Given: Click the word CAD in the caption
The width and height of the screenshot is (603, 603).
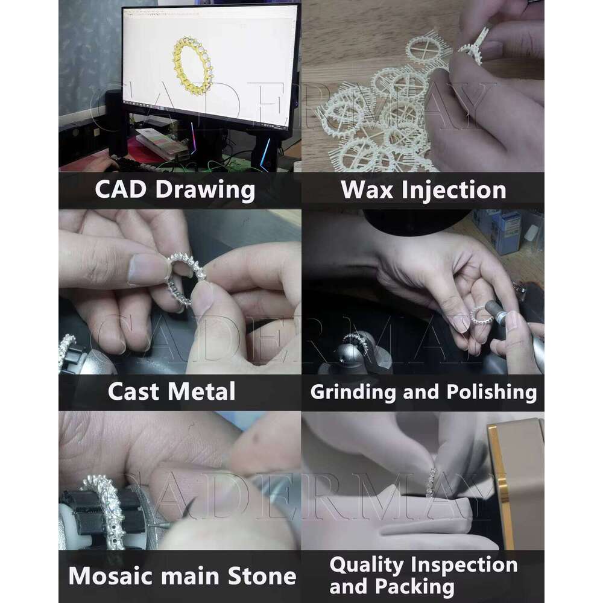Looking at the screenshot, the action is pyautogui.click(x=121, y=189).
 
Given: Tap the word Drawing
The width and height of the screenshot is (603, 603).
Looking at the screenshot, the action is pyautogui.click(x=205, y=190).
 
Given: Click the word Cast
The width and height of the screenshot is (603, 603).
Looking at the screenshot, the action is pyautogui.click(x=133, y=391).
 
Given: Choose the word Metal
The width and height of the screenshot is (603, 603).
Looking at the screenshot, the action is pyautogui.click(x=201, y=391).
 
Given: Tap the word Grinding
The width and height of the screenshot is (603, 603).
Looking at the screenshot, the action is pyautogui.click(x=353, y=393).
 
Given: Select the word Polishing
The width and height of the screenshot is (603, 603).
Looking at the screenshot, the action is pyautogui.click(x=491, y=393).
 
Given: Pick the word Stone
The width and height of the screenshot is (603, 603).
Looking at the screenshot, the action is pyautogui.click(x=262, y=576).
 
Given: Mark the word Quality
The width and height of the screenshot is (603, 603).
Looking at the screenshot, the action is pyautogui.click(x=367, y=566).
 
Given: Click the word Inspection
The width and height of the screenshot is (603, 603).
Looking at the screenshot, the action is pyautogui.click(x=464, y=566).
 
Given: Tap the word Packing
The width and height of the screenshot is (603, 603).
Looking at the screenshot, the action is pyautogui.click(x=415, y=587).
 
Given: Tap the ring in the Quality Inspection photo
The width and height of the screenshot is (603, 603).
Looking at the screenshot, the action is pyautogui.click(x=432, y=482).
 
